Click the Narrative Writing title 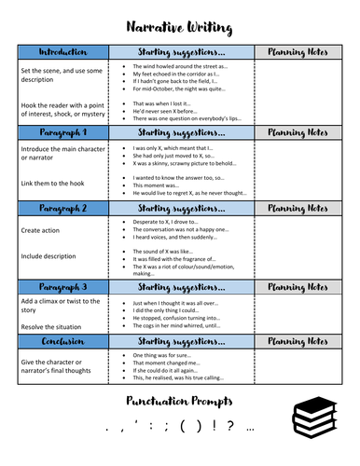pyautogui.click(x=179, y=21)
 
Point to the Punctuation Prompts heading pyautogui.click(x=179, y=402)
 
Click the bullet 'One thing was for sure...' pyautogui.click(x=168, y=354)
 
